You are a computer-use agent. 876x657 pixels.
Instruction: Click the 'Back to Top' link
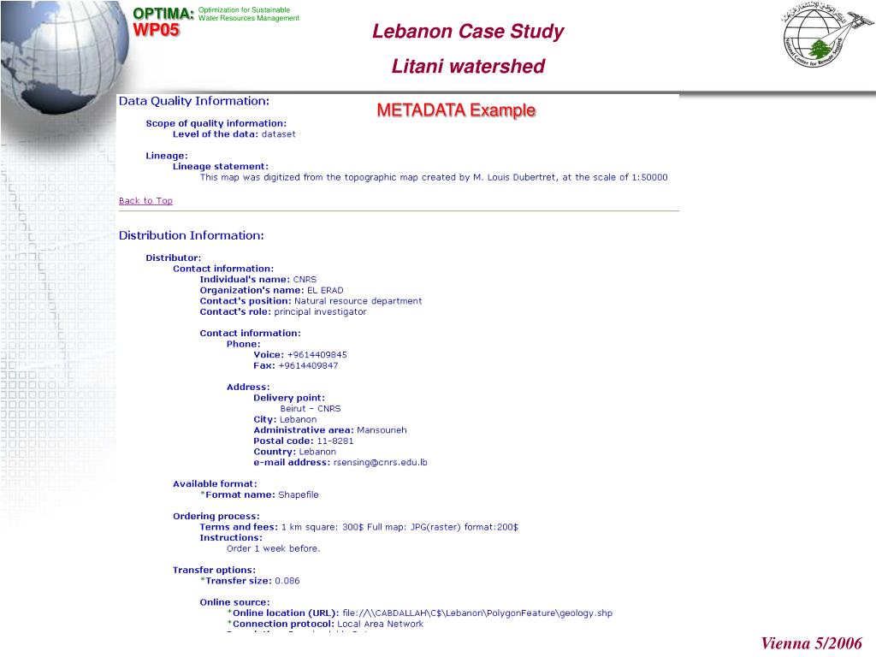pyautogui.click(x=145, y=201)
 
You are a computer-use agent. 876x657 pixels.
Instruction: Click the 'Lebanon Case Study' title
pyautogui.click(x=468, y=32)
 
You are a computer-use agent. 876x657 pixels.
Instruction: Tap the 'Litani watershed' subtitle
pyautogui.click(x=468, y=66)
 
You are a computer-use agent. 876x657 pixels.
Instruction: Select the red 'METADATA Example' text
pyautogui.click(x=456, y=110)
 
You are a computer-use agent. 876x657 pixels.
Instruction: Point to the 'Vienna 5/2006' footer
pyautogui.click(x=812, y=643)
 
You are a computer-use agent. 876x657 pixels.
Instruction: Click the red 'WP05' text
pyautogui.click(x=157, y=31)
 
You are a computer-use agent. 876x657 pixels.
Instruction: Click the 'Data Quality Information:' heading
pyautogui.click(x=193, y=101)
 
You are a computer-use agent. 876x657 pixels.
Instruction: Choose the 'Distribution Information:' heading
pyautogui.click(x=191, y=235)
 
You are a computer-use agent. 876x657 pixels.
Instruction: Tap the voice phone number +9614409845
pyautogui.click(x=317, y=355)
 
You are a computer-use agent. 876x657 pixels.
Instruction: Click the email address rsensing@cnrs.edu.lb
pyautogui.click(x=380, y=463)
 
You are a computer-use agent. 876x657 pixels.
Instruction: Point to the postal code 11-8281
pyautogui.click(x=335, y=441)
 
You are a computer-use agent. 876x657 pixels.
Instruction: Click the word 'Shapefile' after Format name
pyautogui.click(x=299, y=494)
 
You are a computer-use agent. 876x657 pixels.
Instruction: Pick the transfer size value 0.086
pyautogui.click(x=287, y=581)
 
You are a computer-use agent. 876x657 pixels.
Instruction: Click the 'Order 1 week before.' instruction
pyautogui.click(x=273, y=548)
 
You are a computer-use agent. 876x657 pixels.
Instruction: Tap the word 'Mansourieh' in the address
pyautogui.click(x=382, y=430)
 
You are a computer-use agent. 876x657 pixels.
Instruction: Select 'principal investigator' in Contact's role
pyautogui.click(x=320, y=312)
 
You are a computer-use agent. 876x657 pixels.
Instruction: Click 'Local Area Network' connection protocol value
pyautogui.click(x=380, y=624)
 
